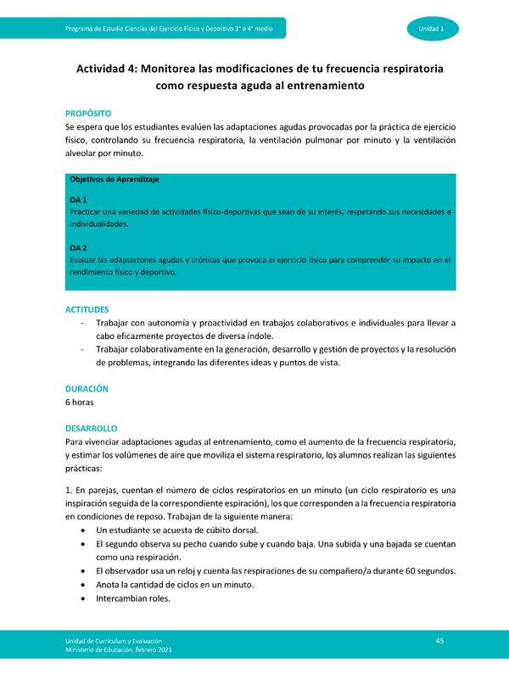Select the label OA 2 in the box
[78, 247]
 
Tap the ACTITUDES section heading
[87, 309]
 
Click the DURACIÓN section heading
[87, 388]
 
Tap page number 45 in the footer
[439, 639]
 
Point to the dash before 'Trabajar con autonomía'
[81, 323]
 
